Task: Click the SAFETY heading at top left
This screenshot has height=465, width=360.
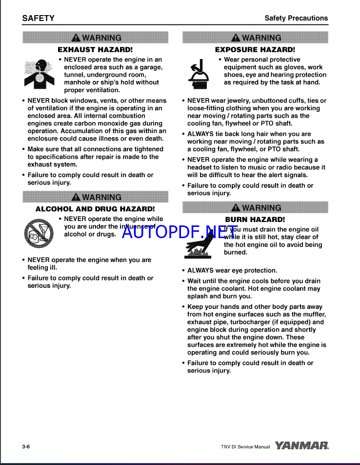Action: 38,19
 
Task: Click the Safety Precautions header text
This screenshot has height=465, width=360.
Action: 296,18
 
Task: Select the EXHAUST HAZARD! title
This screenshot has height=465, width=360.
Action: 95,49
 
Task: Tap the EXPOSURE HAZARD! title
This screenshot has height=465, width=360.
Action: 255,49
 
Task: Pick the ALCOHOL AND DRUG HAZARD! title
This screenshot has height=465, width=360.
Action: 95,209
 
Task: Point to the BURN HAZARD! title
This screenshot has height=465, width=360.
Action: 255,220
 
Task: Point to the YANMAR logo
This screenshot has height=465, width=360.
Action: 301,445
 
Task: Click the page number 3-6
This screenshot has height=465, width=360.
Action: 26,446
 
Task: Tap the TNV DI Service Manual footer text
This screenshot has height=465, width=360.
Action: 245,446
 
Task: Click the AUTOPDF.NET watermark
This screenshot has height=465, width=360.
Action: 180,231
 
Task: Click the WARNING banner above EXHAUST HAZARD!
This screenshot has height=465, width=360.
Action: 96,38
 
